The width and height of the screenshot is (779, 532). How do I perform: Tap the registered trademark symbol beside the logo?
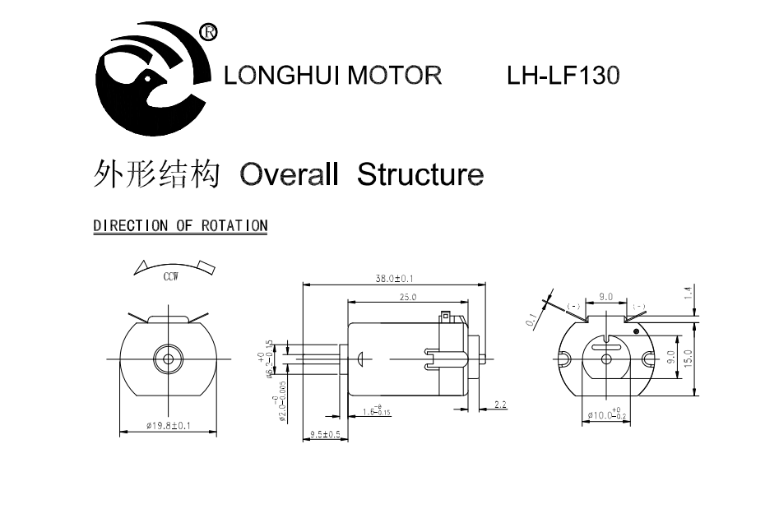[209, 32]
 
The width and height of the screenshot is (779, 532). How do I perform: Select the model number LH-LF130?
[563, 76]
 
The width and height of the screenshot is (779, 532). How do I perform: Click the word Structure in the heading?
[420, 175]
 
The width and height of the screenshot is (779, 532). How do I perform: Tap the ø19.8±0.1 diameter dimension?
[168, 425]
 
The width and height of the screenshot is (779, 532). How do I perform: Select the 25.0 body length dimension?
[408, 297]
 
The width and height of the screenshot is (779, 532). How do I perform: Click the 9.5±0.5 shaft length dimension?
[325, 433]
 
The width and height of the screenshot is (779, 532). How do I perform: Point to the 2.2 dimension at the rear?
[501, 405]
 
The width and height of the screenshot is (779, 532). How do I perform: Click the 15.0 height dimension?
[689, 359]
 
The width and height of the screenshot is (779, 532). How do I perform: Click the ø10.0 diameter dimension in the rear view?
[609, 416]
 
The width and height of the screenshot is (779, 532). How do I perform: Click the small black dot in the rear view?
[636, 331]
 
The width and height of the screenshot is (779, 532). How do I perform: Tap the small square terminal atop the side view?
[445, 315]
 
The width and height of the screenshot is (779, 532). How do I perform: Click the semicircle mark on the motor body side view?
[362, 359]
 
